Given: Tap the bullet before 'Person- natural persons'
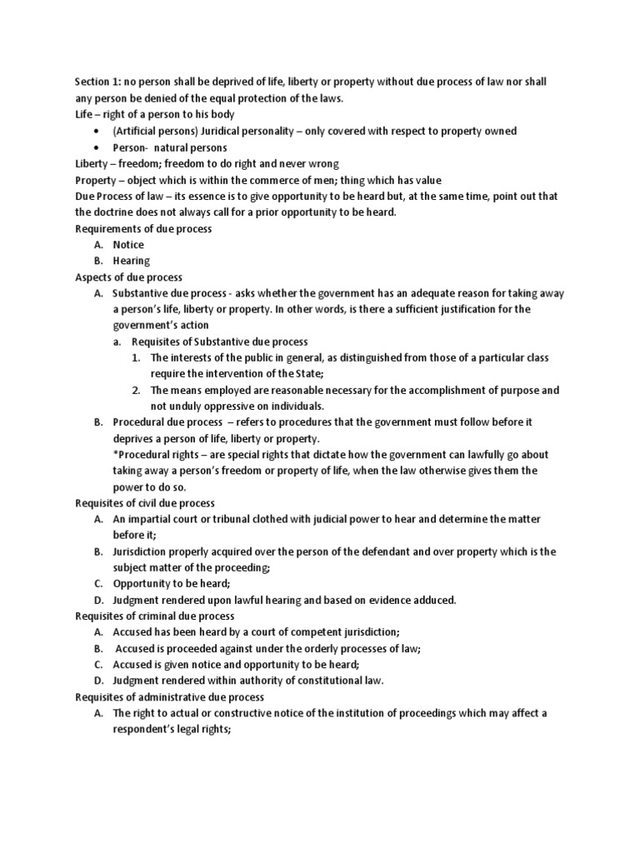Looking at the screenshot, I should pos(98,147).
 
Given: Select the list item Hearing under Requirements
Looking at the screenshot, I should pos(132,261).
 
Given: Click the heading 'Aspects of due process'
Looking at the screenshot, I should pos(129,277).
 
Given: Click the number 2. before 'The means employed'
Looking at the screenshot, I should pos(137,390).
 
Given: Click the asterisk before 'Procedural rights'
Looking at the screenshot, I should pos(115,455).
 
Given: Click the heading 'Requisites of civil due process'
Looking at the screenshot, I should pos(145,503).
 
